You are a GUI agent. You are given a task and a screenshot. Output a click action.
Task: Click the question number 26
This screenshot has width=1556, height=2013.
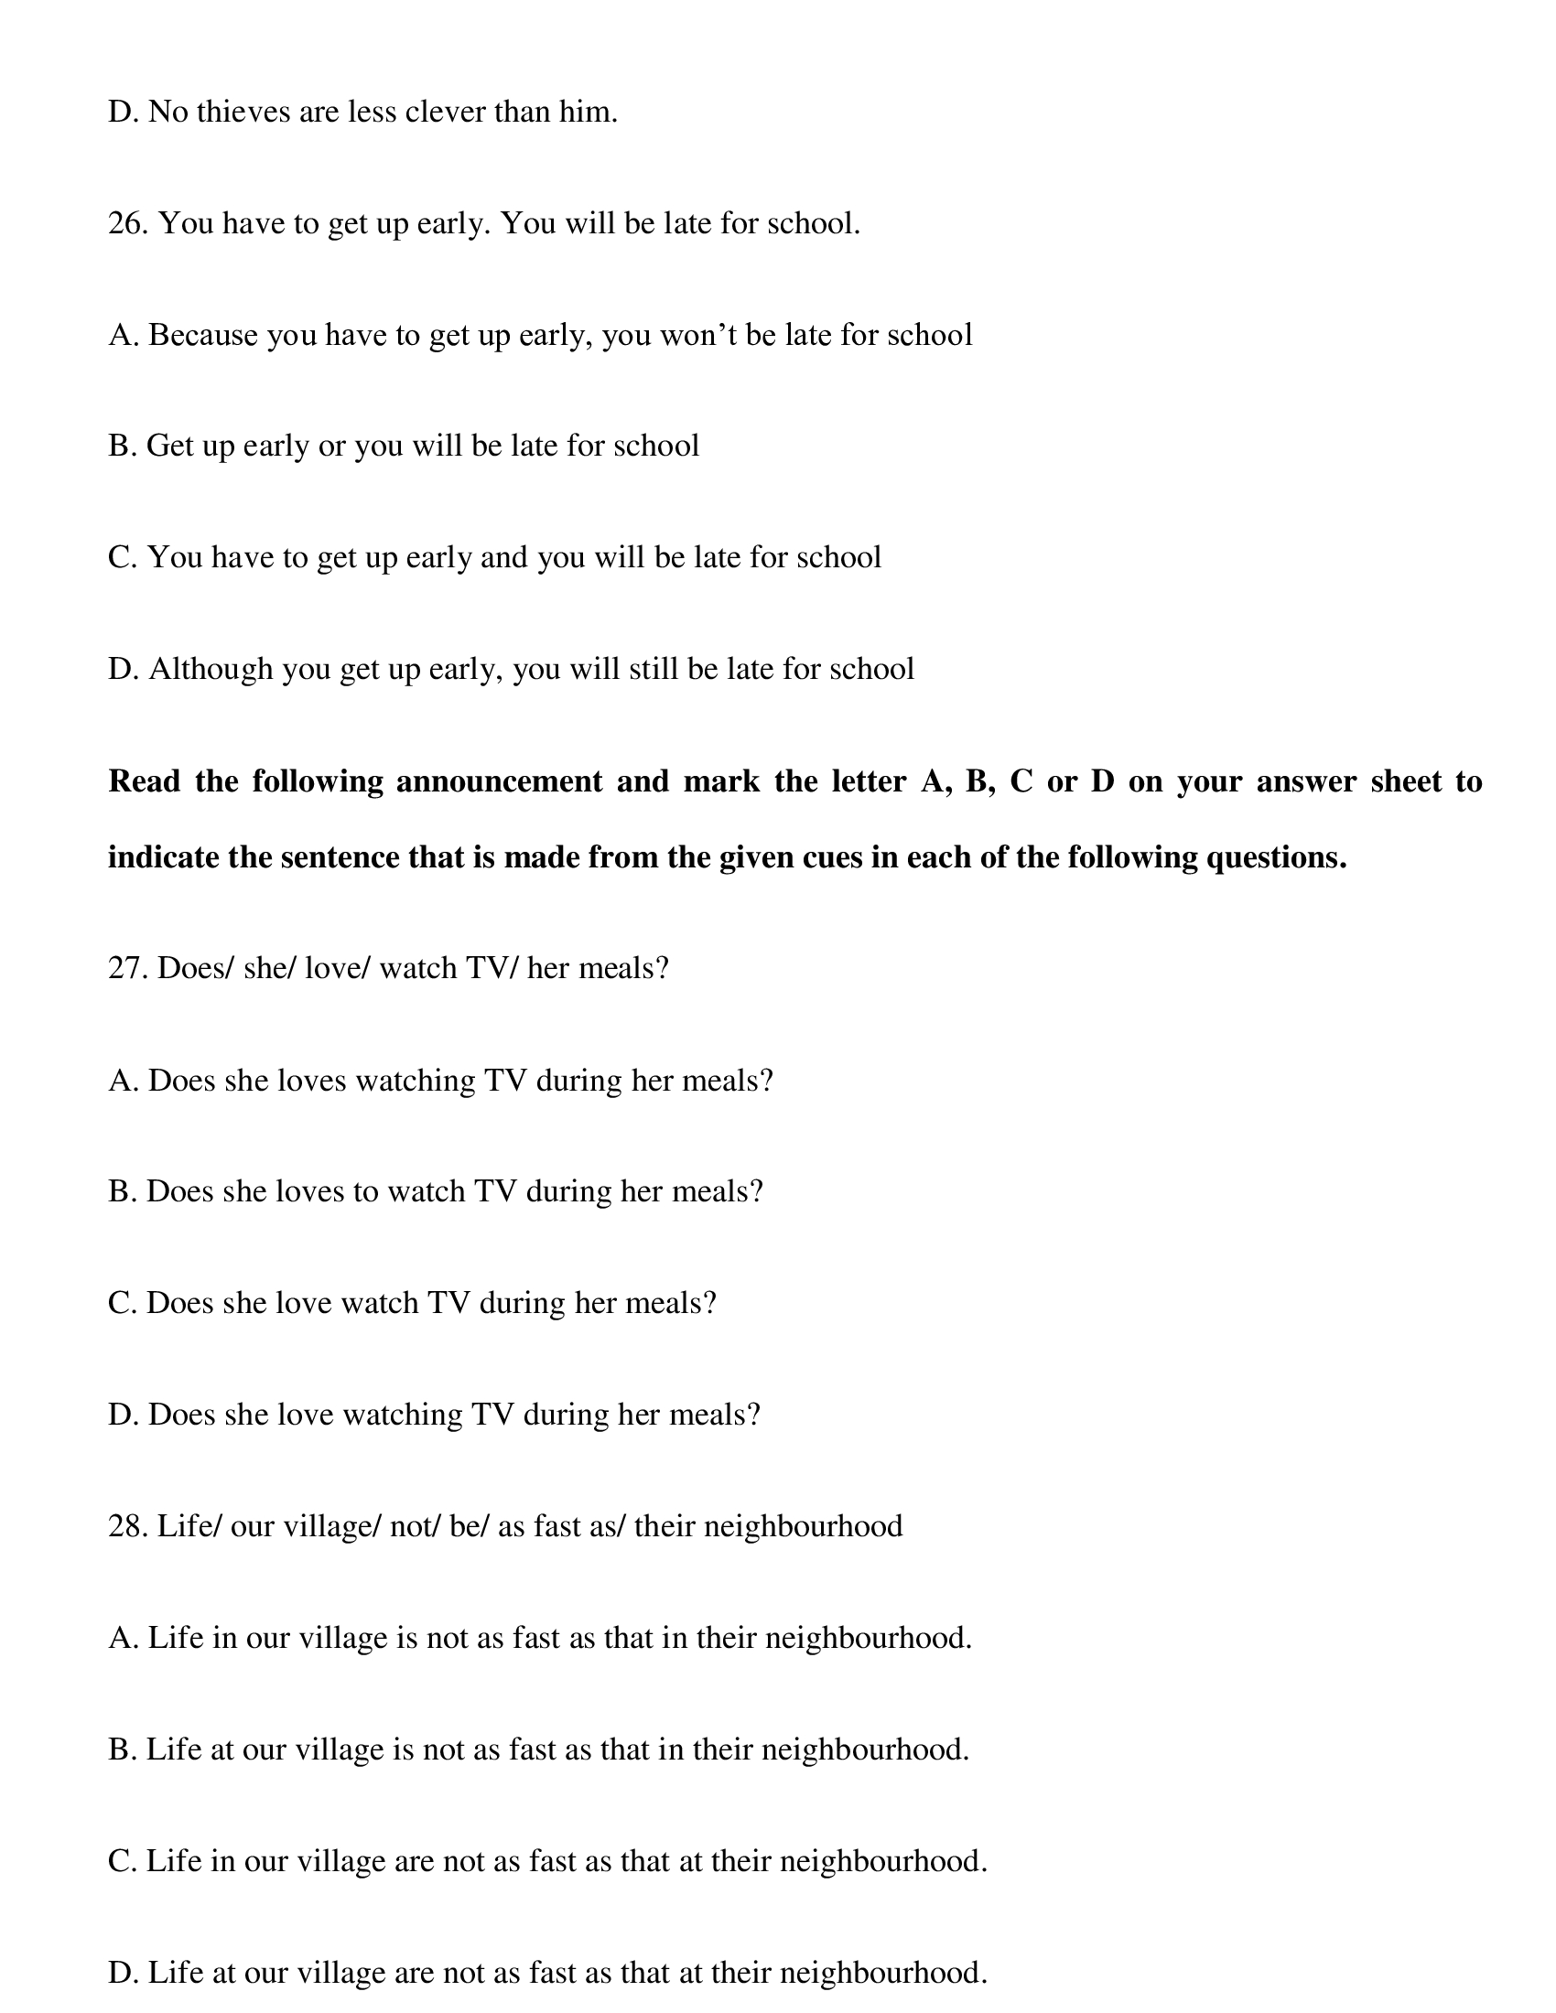click(128, 224)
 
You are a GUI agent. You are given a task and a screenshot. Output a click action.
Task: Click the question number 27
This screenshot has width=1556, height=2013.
click(128, 969)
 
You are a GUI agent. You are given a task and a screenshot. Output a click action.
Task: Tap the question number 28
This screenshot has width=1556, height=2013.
click(128, 1526)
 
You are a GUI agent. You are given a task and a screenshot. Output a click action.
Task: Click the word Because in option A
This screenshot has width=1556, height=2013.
click(203, 336)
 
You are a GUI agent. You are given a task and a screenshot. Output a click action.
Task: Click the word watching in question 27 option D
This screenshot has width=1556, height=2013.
click(402, 1415)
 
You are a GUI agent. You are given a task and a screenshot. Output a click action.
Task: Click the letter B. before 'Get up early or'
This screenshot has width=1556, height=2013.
click(122, 447)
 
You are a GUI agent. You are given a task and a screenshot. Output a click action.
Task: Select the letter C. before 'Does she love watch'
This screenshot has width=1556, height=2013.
click(122, 1303)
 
